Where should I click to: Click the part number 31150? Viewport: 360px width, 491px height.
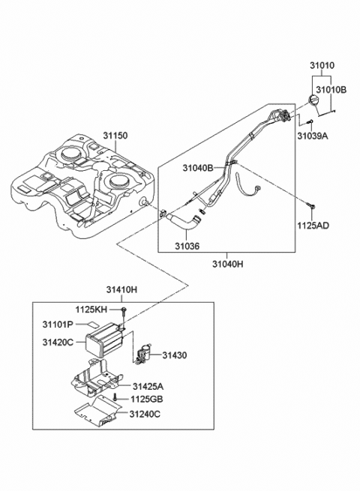pos(115,136)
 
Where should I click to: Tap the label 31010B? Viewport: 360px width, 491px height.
pos(331,90)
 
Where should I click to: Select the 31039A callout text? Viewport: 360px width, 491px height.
pos(313,136)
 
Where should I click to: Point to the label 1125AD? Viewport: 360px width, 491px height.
pos(313,225)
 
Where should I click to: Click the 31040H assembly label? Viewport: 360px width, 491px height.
pos(228,264)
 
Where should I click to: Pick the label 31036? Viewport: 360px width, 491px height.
pos(187,246)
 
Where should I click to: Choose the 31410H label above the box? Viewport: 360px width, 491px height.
pos(121,289)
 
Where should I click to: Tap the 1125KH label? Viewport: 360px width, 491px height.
pos(91,310)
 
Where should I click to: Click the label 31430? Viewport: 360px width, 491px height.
pos(175,355)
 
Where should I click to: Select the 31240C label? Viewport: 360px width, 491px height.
pos(145,414)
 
